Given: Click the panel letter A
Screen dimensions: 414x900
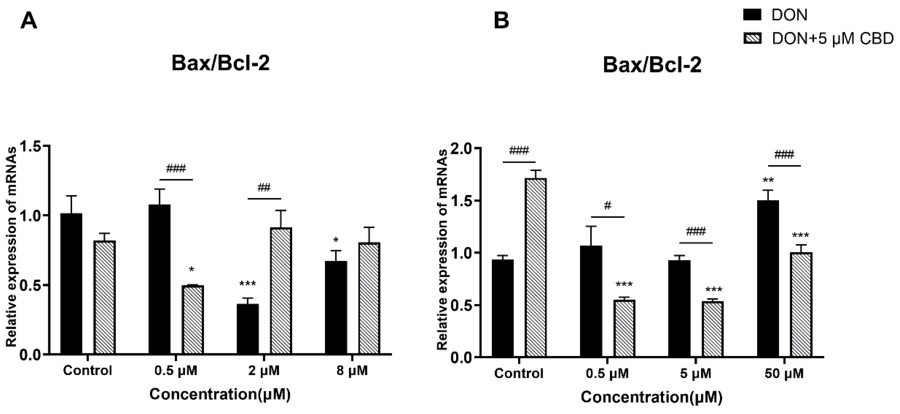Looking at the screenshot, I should [x=29, y=22].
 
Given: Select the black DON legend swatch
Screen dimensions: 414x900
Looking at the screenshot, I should [x=752, y=15].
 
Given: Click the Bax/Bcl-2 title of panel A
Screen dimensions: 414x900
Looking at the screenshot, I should [x=220, y=64].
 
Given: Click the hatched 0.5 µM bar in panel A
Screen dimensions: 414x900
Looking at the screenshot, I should [x=193, y=320].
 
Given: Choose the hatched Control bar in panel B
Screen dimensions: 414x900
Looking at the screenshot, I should [x=536, y=268].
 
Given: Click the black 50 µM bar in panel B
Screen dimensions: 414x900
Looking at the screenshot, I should [x=768, y=278].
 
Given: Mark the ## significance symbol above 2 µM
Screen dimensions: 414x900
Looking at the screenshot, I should [x=264, y=188].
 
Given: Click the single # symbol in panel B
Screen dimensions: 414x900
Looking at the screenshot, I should [x=608, y=206].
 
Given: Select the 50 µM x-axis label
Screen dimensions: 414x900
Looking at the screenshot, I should [x=784, y=374].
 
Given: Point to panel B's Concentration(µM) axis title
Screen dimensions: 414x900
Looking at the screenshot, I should [x=651, y=397].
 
